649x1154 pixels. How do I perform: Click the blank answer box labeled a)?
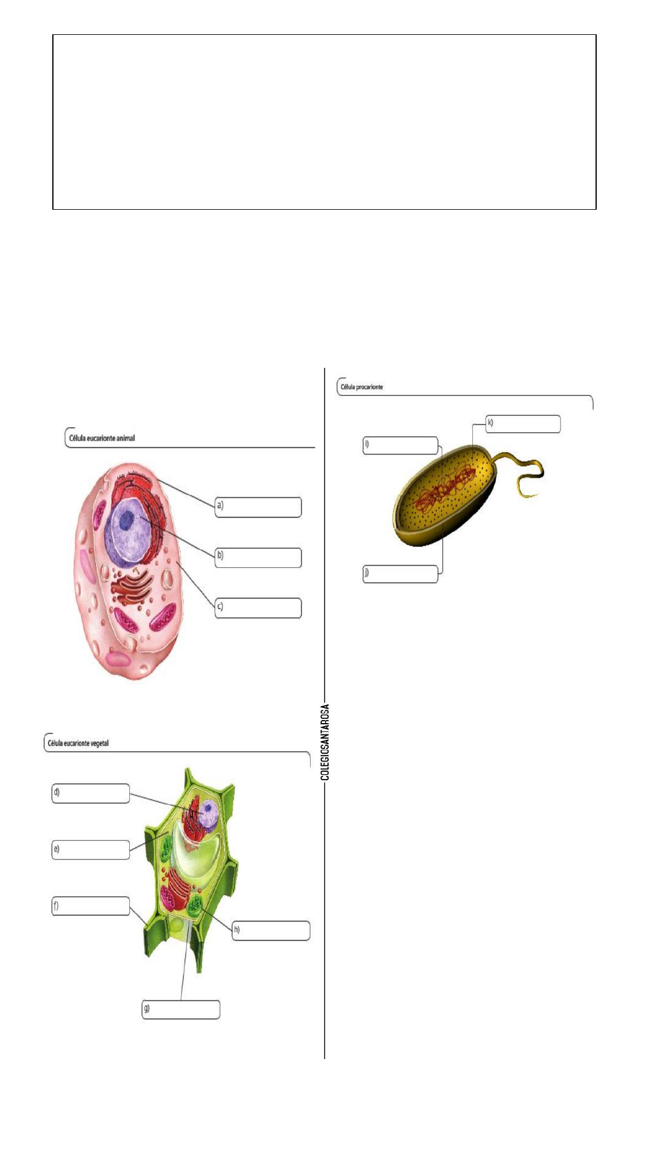(x=259, y=507)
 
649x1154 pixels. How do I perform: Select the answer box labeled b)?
(x=259, y=557)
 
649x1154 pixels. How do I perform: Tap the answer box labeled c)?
(x=259, y=608)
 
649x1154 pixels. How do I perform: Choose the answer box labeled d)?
(x=91, y=793)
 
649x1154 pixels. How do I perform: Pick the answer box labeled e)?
(x=91, y=849)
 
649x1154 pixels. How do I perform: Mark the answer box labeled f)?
(x=91, y=906)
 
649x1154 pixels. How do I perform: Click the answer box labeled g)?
(x=181, y=1009)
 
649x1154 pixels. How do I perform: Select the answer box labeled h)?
(x=271, y=930)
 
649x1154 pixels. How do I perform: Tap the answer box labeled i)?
(x=400, y=445)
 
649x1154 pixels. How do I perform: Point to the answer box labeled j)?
(x=400, y=573)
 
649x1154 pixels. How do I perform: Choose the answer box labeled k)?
(x=523, y=423)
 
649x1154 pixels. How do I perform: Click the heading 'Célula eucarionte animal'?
(x=102, y=438)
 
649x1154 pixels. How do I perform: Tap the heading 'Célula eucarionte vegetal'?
(x=78, y=743)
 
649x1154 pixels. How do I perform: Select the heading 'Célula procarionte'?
(x=362, y=386)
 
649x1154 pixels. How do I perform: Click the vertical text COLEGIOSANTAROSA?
(x=325, y=742)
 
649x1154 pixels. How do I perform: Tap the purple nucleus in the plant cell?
(x=209, y=813)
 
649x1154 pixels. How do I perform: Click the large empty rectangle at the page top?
(x=324, y=121)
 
